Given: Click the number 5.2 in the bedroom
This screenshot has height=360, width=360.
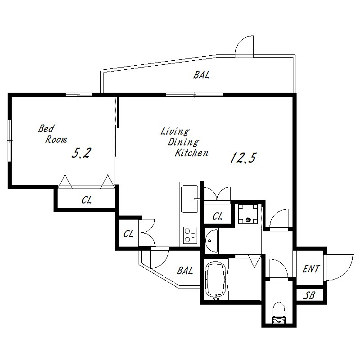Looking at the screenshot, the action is click(x=82, y=153).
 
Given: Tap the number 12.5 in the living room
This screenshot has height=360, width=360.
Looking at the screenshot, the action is click(x=243, y=158).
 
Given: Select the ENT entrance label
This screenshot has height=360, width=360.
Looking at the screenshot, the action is click(x=311, y=269).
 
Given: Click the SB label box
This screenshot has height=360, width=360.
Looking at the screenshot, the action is click(x=310, y=295).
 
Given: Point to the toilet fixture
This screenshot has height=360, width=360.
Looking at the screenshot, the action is click(x=278, y=313).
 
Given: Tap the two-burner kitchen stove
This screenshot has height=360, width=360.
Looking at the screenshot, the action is click(x=190, y=235).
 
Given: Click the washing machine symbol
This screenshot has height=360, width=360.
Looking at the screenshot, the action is click(x=248, y=215).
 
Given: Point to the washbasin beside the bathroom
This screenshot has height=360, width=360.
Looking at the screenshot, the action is click(x=211, y=240).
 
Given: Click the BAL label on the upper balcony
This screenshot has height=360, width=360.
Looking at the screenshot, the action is click(x=202, y=75).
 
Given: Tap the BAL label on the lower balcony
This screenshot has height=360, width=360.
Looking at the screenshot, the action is click(x=184, y=270).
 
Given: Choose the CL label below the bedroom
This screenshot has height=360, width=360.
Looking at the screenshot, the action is click(x=87, y=201).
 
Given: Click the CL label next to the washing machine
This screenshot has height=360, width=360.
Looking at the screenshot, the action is click(x=217, y=217).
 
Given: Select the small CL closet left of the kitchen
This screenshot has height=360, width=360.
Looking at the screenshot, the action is click(x=128, y=234).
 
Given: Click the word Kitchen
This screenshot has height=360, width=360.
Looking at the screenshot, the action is click(x=192, y=153).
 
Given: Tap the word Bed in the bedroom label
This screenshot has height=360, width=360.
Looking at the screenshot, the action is click(x=46, y=128).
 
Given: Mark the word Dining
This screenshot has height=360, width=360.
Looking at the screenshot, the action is click(x=183, y=143).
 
